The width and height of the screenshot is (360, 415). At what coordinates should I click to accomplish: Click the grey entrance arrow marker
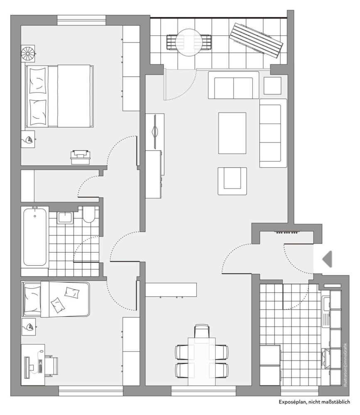pyautogui.click(x=328, y=259)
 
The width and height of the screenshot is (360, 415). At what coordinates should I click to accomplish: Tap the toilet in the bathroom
pyautogui.click(x=88, y=215)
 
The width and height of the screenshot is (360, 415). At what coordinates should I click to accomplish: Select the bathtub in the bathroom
pyautogui.click(x=35, y=237)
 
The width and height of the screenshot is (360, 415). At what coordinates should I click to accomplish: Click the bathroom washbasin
pyautogui.click(x=65, y=217)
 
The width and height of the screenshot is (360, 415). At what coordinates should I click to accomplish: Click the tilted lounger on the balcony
pyautogui.click(x=257, y=40)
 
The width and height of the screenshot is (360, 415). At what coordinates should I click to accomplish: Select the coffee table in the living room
pyautogui.click(x=232, y=133)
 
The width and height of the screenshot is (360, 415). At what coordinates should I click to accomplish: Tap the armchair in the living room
pyautogui.click(x=232, y=181)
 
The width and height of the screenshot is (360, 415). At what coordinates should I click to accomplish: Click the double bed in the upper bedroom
pyautogui.click(x=59, y=96)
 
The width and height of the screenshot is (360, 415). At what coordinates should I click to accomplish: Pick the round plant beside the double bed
pyautogui.click(x=28, y=53)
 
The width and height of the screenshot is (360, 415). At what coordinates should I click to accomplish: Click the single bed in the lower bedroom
pyautogui.click(x=56, y=299)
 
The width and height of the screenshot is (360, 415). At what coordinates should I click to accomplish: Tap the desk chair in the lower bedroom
pyautogui.click(x=51, y=366)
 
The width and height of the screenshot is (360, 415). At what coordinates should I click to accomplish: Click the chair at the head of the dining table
pyautogui.click(x=202, y=331)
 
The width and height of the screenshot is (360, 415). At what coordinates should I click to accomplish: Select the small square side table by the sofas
pyautogui.click(x=272, y=85)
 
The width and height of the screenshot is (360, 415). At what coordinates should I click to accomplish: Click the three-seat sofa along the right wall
pyautogui.click(x=273, y=133)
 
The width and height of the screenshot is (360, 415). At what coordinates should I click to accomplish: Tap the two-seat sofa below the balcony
pyautogui.click(x=233, y=85)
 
